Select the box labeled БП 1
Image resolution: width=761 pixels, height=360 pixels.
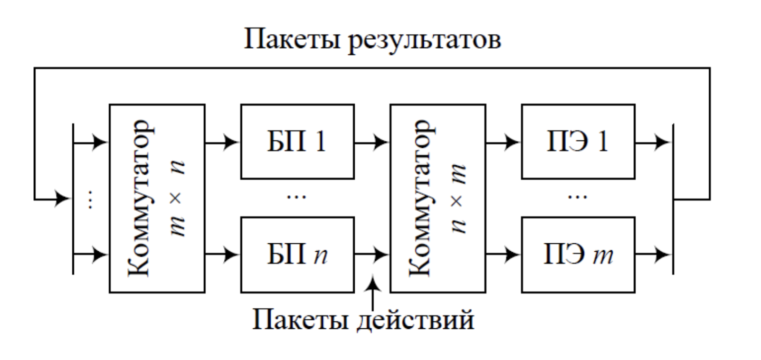coord(298,142)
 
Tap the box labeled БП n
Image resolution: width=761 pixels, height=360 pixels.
coord(298,255)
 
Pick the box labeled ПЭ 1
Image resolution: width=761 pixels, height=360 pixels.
coord(578,142)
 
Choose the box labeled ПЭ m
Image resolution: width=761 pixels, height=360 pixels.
coord(578,255)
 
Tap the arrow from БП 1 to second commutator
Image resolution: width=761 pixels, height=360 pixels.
coord(373,142)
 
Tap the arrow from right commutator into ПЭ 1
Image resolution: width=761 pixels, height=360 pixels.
coord(504,142)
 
